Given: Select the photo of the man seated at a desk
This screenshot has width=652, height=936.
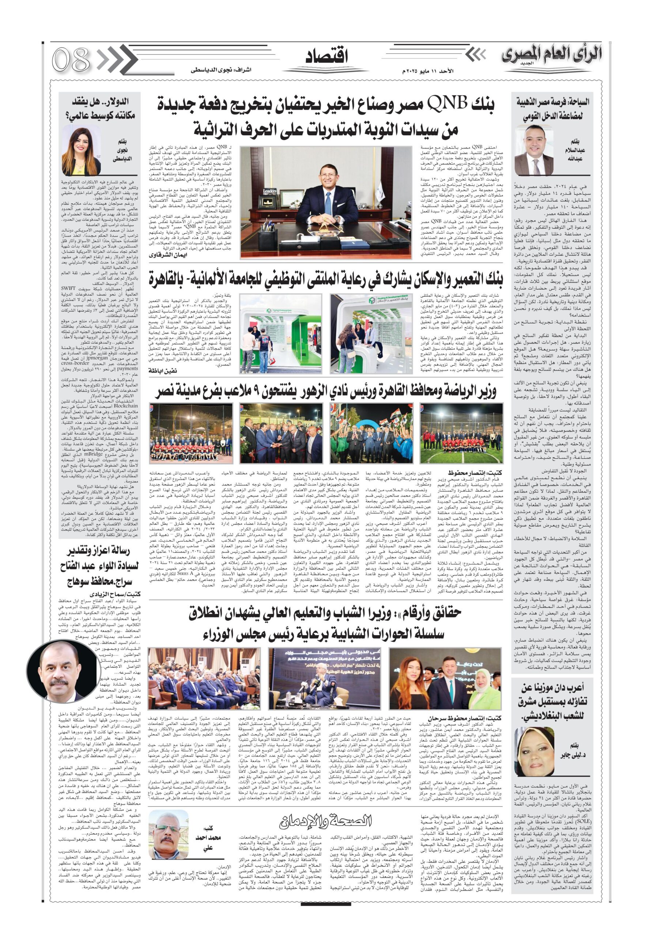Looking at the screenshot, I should coord(326,202).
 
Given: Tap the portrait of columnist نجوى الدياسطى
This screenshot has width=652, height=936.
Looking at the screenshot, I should coord(81,150).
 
